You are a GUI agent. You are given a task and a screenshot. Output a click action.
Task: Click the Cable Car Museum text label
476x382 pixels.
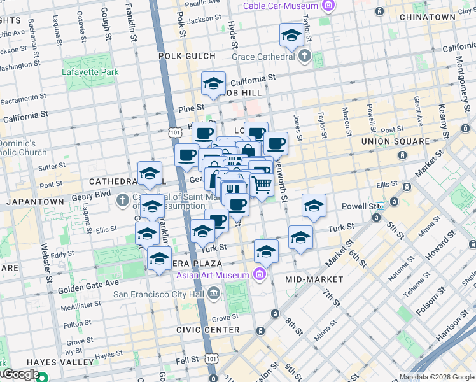point(281,6)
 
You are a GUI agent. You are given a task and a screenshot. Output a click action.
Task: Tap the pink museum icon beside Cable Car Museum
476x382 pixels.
point(328,6)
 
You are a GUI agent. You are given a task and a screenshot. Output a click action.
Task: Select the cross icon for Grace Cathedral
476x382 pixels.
point(305,56)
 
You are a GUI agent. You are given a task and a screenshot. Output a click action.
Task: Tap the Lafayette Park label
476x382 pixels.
point(90,73)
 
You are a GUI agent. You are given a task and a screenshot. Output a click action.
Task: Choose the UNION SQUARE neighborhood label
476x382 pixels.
point(395,141)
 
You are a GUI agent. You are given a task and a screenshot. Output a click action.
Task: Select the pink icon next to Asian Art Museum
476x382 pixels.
point(259,274)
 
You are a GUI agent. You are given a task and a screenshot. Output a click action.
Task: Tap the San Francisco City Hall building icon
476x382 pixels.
point(214,294)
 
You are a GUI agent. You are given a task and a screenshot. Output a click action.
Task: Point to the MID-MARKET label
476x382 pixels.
point(314,279)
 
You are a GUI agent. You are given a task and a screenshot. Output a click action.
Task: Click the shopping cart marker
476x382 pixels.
point(262,185)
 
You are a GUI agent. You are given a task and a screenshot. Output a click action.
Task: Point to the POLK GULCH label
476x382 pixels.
point(187,56)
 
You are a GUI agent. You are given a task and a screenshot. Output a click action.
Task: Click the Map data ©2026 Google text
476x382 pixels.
point(436,376)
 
